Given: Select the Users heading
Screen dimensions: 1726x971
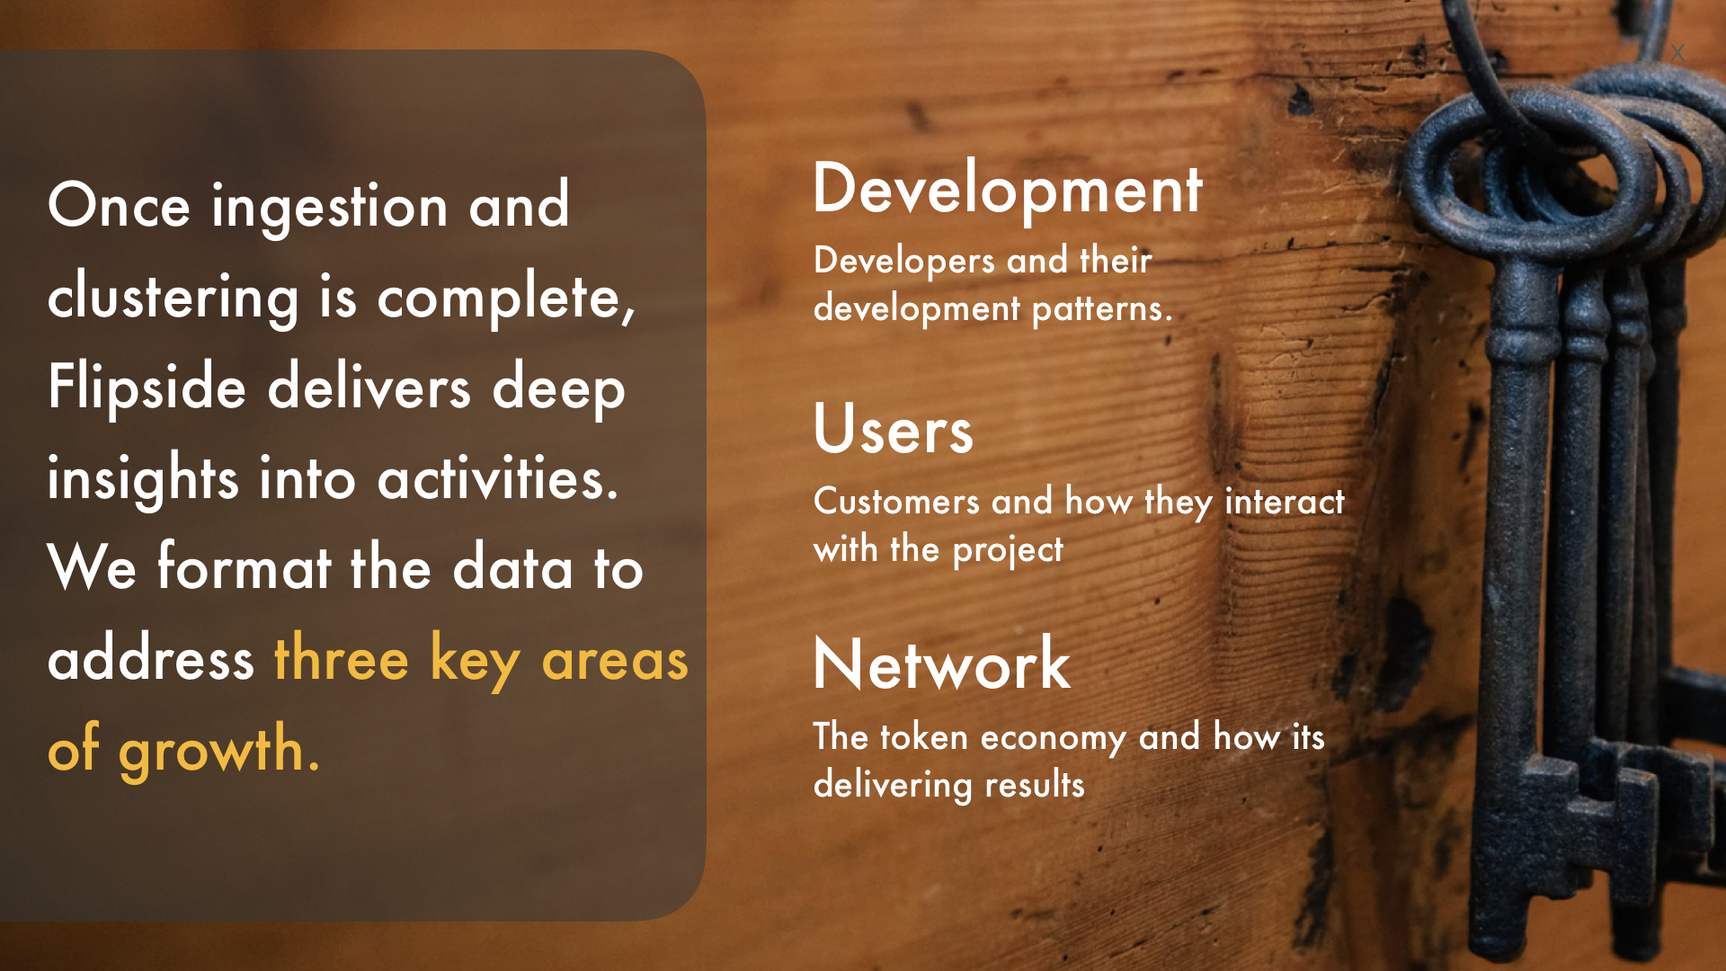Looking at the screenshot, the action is point(894,429).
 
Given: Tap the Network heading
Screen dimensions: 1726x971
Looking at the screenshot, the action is point(942,664).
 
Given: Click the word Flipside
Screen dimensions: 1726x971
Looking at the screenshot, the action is point(147,388).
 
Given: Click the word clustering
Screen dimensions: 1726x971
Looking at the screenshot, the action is point(173,298).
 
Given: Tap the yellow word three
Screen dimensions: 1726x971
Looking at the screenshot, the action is point(342,658).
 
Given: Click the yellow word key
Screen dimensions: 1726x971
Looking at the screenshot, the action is point(476,661).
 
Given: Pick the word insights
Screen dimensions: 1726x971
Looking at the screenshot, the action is point(143,478).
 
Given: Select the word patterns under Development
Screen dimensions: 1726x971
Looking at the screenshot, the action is point(1102,309).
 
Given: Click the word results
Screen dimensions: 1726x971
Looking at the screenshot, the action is point(1035,785).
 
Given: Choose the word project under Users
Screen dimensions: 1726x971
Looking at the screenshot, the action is point(1008,550).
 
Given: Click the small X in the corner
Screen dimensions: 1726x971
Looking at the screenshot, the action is point(1677,53).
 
